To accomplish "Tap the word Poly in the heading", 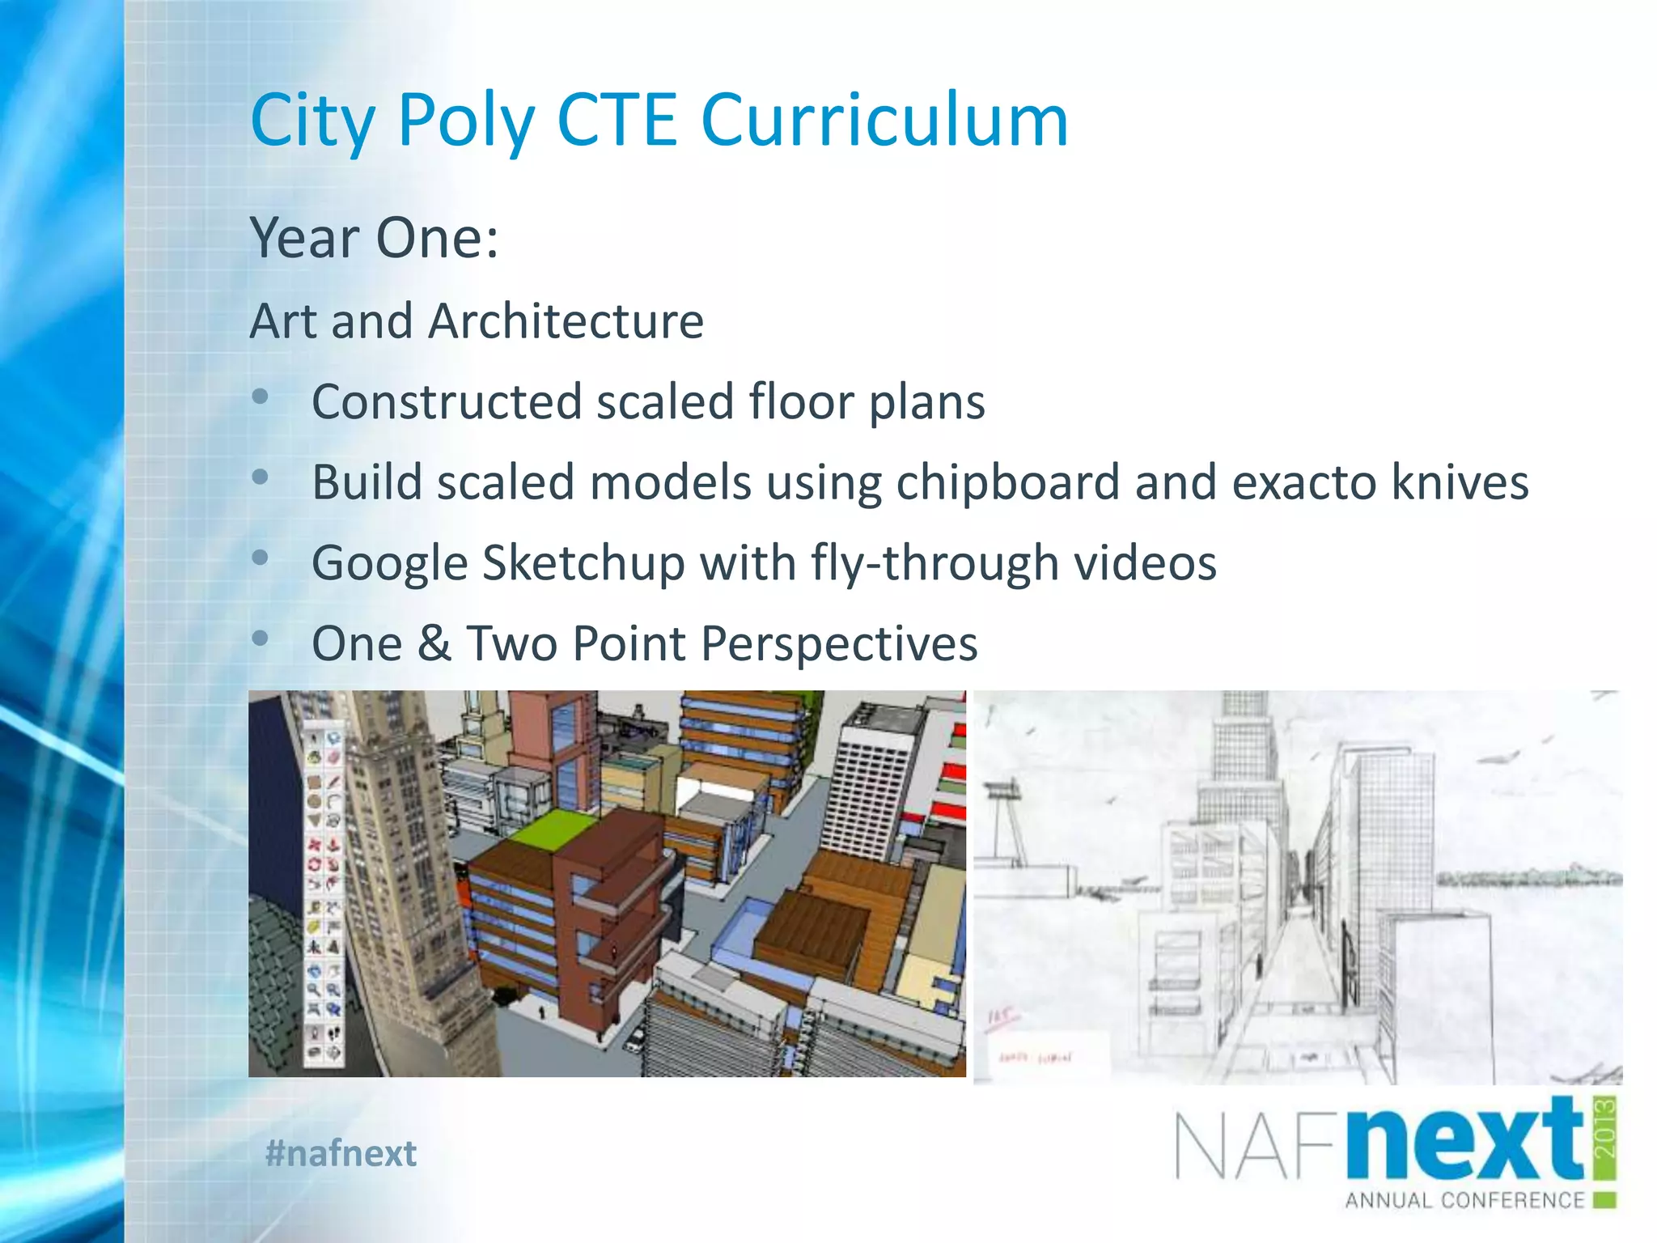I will [x=466, y=121].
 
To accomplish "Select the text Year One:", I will [x=374, y=238].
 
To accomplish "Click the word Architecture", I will [x=566, y=321].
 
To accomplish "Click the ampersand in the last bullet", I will [x=434, y=644].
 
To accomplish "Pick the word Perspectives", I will [x=839, y=644].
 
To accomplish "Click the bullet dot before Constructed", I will [x=260, y=397].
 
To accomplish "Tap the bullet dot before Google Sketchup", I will [x=260, y=558].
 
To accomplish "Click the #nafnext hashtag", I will [x=341, y=1152].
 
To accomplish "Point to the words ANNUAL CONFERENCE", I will [x=1464, y=1200].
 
